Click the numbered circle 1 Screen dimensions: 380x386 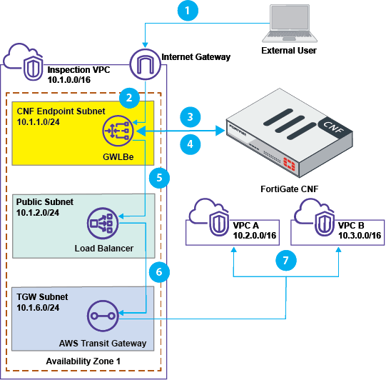click(188, 12)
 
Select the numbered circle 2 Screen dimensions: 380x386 click(128, 96)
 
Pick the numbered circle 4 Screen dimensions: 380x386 click(188, 144)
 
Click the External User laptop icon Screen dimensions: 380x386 click(288, 25)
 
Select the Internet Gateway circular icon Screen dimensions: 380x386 click(145, 64)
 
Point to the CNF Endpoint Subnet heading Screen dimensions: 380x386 click(60, 111)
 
